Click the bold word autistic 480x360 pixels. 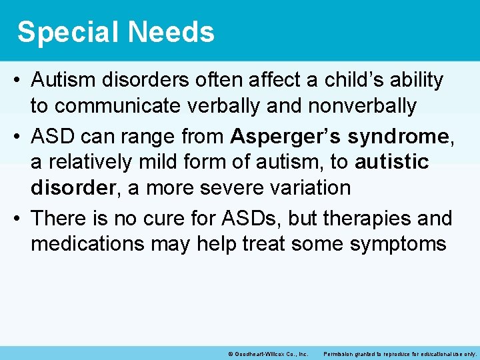pyautogui.click(x=392, y=162)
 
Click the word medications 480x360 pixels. pyautogui.click(x=87, y=243)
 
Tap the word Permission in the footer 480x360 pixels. pyautogui.click(x=339, y=353)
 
